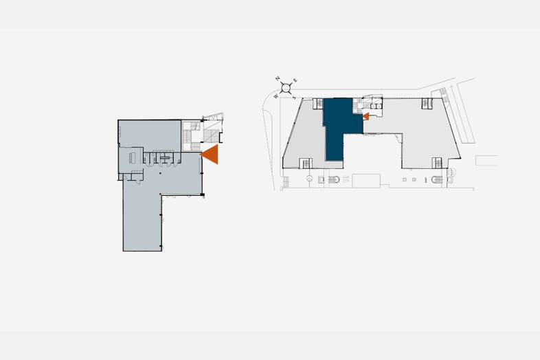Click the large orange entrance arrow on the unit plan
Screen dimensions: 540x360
point(211,155)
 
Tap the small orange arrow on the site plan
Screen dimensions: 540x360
point(366,116)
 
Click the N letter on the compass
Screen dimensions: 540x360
point(278,78)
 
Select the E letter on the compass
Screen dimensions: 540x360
point(295,80)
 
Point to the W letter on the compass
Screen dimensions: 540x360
point(275,96)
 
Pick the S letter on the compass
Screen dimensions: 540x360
point(294,98)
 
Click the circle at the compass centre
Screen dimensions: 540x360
point(286,89)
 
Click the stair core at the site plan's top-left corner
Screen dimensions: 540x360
point(318,104)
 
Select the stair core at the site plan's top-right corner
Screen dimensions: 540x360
point(427,103)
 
